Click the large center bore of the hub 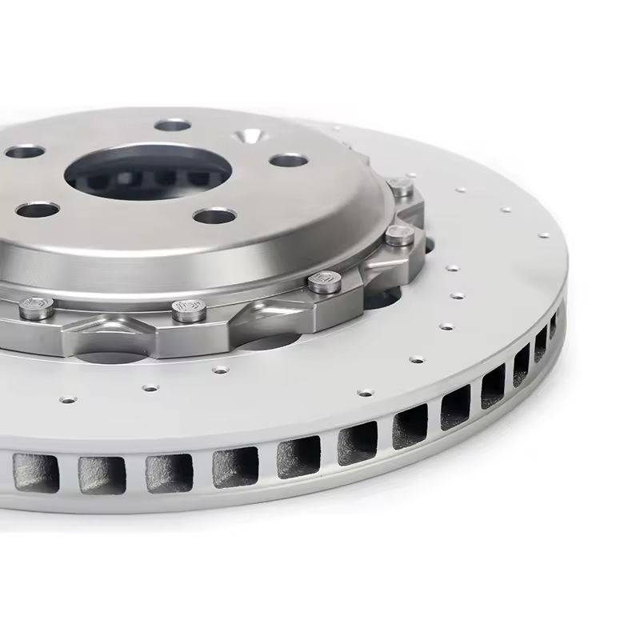152,172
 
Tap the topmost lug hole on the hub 172,125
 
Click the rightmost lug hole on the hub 288,160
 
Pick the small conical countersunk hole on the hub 250,137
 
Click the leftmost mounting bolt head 36,307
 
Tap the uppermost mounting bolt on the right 401,188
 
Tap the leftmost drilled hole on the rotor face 69,398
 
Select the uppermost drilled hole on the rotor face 461,190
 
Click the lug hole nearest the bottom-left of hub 38,210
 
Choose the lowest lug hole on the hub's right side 214,216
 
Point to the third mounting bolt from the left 324,280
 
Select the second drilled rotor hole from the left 150,388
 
